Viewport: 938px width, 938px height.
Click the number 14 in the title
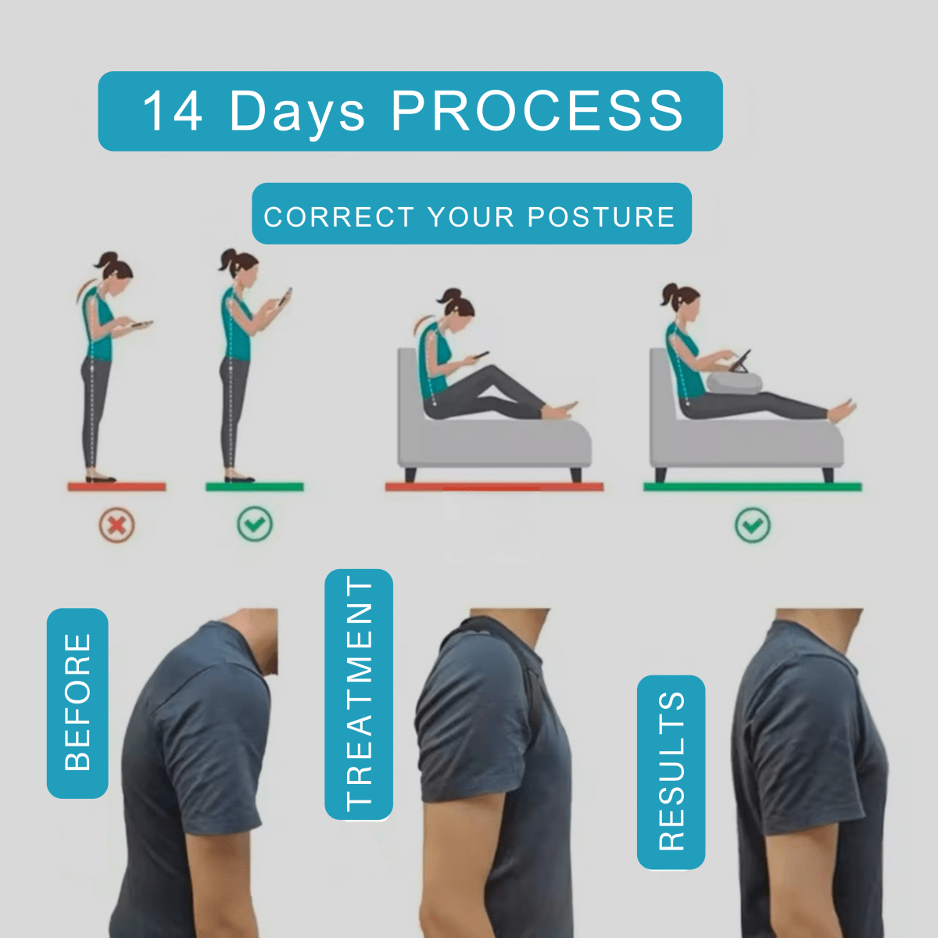[x=173, y=111]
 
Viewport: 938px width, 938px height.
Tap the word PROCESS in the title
[x=537, y=111]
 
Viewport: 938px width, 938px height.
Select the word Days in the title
[x=297, y=111]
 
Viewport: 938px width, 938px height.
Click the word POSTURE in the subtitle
[x=601, y=217]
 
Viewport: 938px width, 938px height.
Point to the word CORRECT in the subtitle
[x=338, y=217]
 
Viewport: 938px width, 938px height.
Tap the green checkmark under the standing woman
[x=255, y=524]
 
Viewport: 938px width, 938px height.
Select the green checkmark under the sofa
[x=753, y=525]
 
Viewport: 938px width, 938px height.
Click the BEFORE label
[x=77, y=703]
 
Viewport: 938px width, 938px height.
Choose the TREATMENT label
[x=359, y=694]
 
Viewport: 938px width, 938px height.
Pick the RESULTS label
[x=671, y=772]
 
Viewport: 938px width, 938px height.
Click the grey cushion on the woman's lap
[x=736, y=382]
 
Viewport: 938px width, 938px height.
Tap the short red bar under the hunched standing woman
[x=116, y=487]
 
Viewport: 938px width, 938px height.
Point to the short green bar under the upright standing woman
[x=255, y=487]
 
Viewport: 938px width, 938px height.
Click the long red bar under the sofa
[x=494, y=487]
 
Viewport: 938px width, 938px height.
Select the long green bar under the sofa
[x=752, y=487]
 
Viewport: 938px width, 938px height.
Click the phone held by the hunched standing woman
[x=141, y=324]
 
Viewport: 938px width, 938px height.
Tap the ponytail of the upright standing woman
[x=227, y=259]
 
